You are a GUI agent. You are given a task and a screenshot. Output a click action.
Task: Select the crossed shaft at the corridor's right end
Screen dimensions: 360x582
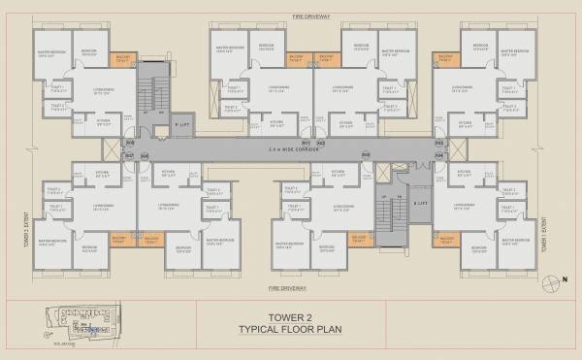click(382, 171)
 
